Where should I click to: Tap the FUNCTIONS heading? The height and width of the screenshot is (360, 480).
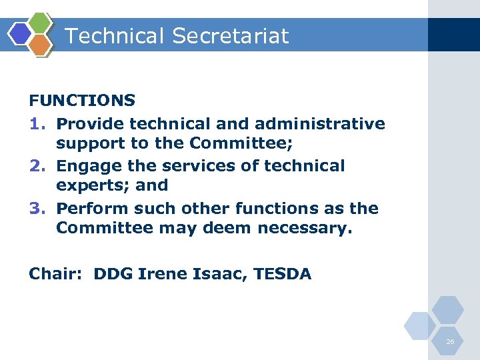tap(82, 101)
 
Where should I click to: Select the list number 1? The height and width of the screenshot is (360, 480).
tap(36, 124)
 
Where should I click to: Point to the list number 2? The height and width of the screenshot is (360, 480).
tap(36, 165)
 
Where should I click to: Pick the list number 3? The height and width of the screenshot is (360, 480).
tap(36, 208)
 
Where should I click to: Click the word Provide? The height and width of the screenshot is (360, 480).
tap(91, 124)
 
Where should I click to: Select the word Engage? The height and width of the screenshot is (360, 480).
tap(87, 165)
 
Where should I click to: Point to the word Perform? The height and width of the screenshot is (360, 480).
tap(93, 208)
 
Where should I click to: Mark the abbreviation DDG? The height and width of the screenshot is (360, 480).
tap(113, 273)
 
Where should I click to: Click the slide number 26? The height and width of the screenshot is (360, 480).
tap(450, 341)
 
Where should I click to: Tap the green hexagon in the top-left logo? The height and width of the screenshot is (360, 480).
tap(41, 23)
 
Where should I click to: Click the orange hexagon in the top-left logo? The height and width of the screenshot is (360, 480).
tap(41, 45)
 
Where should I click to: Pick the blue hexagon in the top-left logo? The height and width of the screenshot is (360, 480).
tap(20, 33)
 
